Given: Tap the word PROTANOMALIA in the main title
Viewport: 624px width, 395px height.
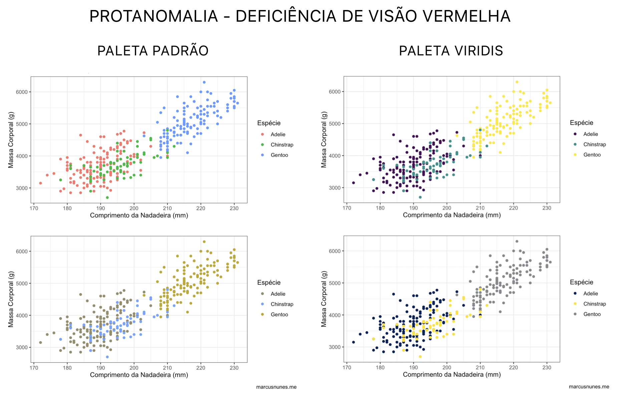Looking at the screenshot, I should click(153, 16).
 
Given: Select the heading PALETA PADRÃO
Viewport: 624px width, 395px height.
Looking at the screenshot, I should click(153, 51).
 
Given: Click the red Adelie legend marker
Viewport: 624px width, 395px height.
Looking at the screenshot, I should click(262, 134).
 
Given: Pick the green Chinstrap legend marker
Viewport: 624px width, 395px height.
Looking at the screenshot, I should click(262, 145).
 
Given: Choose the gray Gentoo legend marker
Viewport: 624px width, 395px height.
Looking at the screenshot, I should click(575, 314).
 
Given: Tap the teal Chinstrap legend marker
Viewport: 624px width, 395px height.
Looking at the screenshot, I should click(575, 144).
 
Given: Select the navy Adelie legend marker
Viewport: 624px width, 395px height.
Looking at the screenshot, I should click(575, 294).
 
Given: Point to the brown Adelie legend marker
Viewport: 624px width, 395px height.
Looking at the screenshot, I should click(262, 294).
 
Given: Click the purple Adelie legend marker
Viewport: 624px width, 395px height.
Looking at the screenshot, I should click(575, 134).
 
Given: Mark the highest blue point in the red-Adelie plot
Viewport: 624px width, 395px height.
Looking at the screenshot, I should click(204, 82).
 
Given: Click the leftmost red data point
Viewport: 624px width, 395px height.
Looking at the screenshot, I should click(41, 183).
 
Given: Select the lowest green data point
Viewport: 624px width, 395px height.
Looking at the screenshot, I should click(107, 197).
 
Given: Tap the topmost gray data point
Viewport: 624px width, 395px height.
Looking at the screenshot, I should click(517, 241).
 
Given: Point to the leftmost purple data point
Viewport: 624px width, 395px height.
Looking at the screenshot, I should click(353, 183).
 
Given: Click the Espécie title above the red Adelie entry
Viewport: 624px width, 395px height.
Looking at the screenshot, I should click(269, 123).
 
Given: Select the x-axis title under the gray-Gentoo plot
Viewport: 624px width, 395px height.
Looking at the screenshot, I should click(452, 374).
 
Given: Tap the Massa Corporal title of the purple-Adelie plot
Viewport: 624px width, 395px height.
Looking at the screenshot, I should click(324, 139).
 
